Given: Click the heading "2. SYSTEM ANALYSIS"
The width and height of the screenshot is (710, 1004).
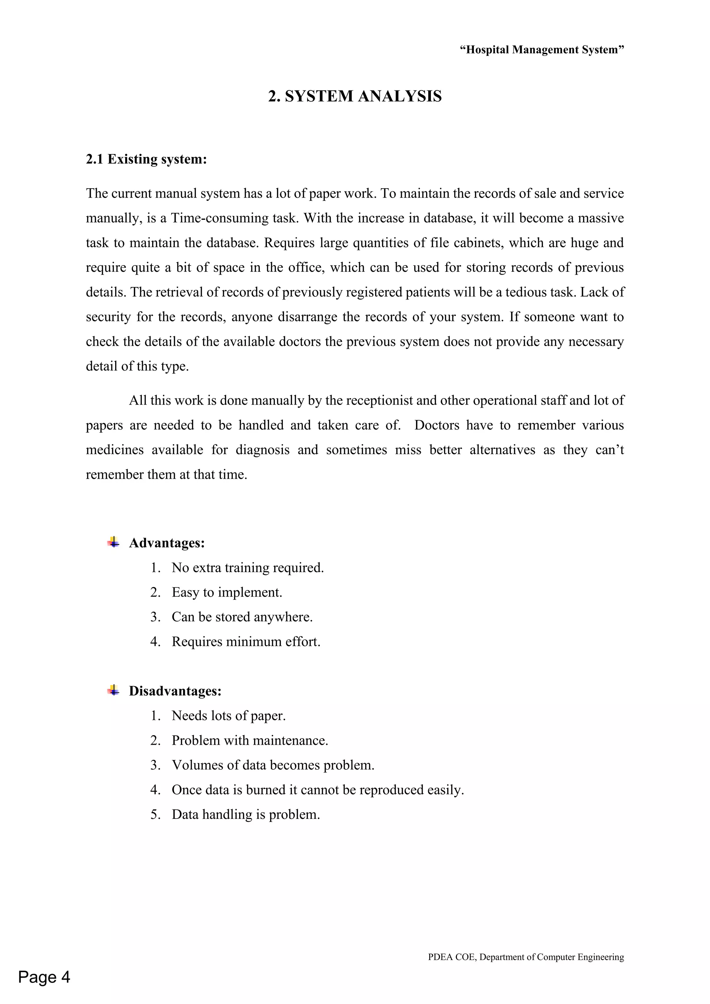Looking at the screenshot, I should point(355,96).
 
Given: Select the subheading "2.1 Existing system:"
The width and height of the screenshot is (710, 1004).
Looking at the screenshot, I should point(146,159).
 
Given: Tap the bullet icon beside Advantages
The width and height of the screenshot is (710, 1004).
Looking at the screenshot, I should point(113,543).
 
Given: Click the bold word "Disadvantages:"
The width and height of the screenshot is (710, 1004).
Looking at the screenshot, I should point(175,691).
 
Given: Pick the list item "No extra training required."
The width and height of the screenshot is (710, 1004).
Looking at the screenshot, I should point(248,568).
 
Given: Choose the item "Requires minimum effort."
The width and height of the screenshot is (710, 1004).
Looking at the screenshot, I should point(246,641).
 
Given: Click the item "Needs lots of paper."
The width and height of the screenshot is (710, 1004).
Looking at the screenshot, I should point(228,716).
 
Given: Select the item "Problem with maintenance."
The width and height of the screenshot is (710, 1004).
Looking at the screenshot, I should point(250,740).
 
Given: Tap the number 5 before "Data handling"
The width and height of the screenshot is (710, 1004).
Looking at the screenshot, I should point(154,815).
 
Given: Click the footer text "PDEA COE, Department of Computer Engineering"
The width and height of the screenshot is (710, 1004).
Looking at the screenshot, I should point(526,957).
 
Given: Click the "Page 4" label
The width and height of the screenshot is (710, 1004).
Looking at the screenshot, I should point(44,977).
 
